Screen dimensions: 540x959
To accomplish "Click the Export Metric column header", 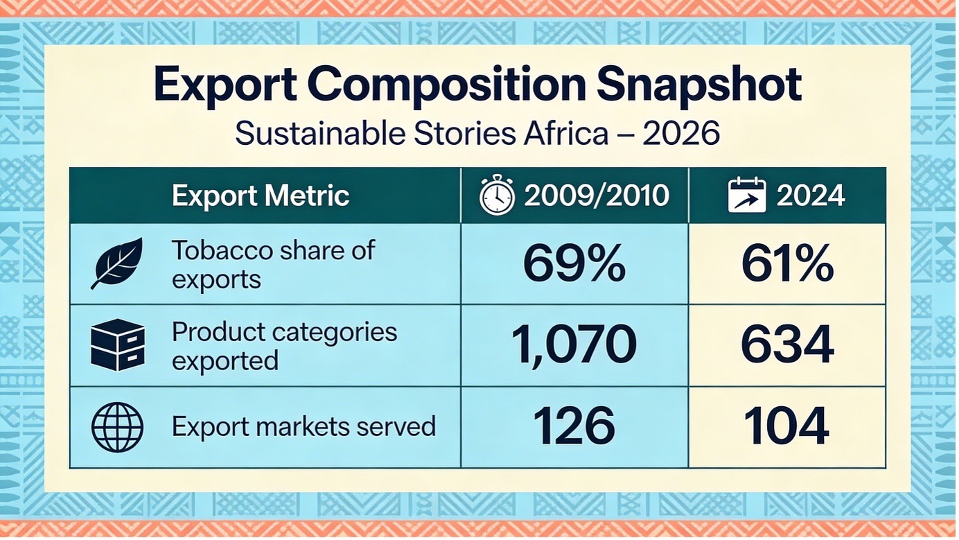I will tap(261, 196).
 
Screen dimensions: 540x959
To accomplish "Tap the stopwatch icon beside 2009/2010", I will tap(497, 195).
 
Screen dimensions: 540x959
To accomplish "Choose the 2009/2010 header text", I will tap(597, 196).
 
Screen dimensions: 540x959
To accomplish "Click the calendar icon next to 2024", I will tap(747, 195).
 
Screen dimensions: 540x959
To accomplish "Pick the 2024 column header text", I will tap(810, 196).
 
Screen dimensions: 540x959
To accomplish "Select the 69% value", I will tap(574, 265).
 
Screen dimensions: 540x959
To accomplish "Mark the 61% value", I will tap(786, 265).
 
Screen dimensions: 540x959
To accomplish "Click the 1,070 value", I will tap(574, 345).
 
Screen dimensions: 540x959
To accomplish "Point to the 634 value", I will tap(786, 345).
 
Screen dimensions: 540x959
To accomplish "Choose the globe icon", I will tap(117, 427).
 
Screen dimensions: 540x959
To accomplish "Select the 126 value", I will tap(574, 427).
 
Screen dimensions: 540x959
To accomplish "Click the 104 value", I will tap(786, 427).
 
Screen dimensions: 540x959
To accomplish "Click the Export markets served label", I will tap(303, 426).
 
